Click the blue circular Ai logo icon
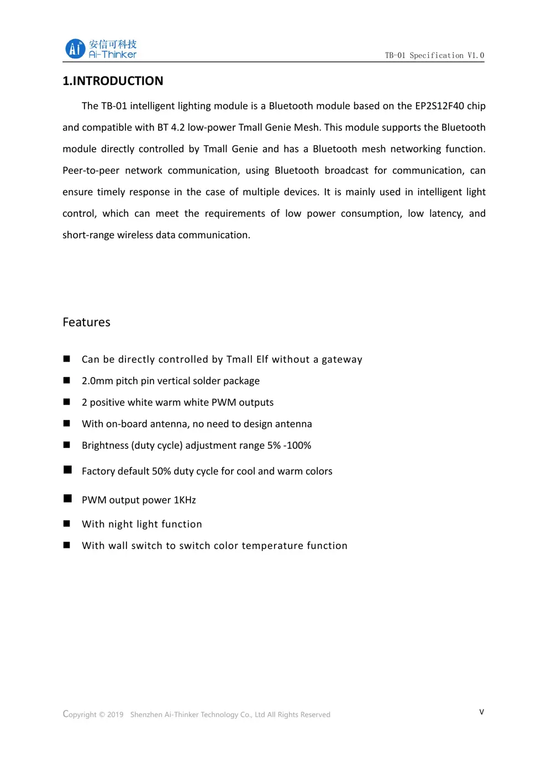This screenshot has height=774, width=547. click(x=75, y=49)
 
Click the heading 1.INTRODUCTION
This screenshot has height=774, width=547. click(x=113, y=81)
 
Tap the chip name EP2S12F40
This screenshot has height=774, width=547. click(x=439, y=106)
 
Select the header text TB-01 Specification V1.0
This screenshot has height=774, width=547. click(x=434, y=55)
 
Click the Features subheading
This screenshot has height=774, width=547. click(x=86, y=322)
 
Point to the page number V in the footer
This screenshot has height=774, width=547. click(x=482, y=712)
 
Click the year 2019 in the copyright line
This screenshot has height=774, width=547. click(x=115, y=714)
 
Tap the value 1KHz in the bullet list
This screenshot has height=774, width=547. click(x=185, y=500)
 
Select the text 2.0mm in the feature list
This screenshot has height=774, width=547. click(x=97, y=381)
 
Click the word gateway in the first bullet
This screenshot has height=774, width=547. click(x=342, y=359)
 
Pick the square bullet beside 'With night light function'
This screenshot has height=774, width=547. click(x=67, y=524)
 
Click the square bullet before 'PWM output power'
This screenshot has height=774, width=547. click(x=67, y=499)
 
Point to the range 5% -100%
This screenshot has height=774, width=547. click(x=289, y=446)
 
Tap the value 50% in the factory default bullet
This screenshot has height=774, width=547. click(x=161, y=471)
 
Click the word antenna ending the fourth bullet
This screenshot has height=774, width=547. click(x=293, y=424)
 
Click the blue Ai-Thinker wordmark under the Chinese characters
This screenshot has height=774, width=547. click(x=113, y=55)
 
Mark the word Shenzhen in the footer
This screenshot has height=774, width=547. click(x=146, y=714)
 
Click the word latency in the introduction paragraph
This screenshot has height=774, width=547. click(x=446, y=213)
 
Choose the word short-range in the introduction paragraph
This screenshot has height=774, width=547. click(x=88, y=235)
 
